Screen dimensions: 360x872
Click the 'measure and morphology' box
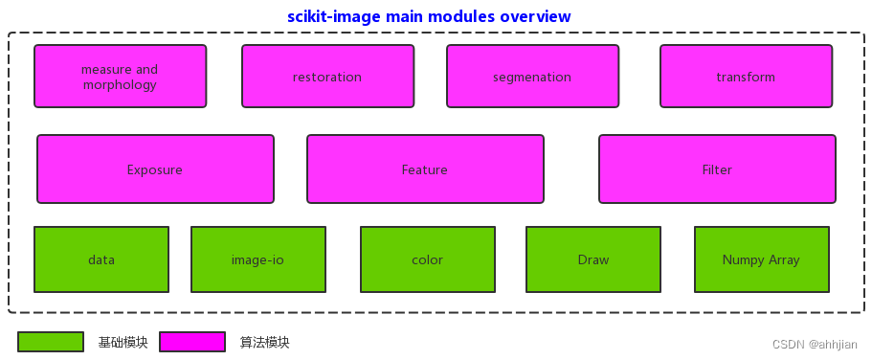click(x=120, y=77)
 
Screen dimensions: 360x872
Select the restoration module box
click(x=327, y=77)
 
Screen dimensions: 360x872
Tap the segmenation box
click(x=532, y=77)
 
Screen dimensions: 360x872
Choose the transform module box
click(x=746, y=77)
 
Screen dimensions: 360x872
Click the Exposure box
click(x=155, y=169)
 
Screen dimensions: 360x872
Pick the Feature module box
click(x=425, y=169)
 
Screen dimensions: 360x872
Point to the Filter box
click(x=717, y=169)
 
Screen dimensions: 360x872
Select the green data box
click(x=101, y=259)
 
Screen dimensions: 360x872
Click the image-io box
click(x=258, y=259)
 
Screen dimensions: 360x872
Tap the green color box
click(x=428, y=259)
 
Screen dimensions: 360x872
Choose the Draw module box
click(x=593, y=259)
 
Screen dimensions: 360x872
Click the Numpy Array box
click(x=762, y=259)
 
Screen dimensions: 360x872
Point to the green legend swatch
click(x=51, y=342)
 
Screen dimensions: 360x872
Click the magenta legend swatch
click(x=192, y=342)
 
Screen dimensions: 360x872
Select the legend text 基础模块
click(x=123, y=342)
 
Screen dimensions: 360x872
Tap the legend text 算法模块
click(x=264, y=342)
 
